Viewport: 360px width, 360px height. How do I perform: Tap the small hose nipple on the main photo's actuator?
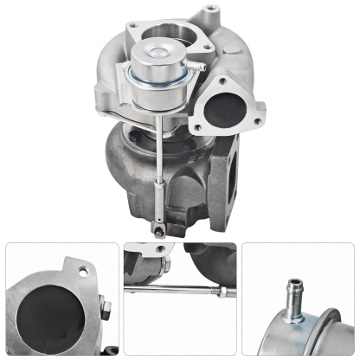pos(195,65)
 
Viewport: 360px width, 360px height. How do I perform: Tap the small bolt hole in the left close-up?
pos(83,269)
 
